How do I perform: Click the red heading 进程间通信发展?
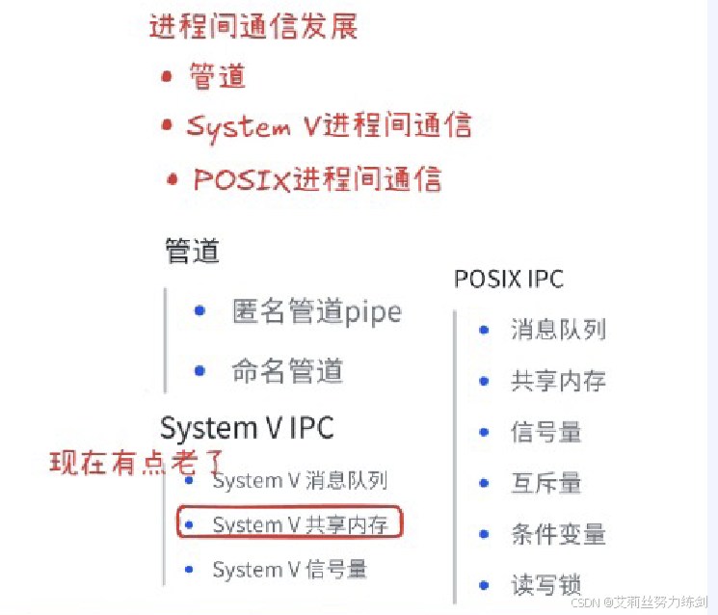253,26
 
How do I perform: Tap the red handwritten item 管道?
218,76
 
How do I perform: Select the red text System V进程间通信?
329,126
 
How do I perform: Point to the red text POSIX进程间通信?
317,179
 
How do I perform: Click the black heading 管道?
192,252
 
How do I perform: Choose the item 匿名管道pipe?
316,311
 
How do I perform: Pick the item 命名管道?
287,369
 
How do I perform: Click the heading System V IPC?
247,428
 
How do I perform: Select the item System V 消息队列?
300,480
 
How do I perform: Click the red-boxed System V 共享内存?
300,524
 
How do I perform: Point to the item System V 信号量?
289,570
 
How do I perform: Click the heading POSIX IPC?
508,280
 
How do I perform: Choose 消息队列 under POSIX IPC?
558,330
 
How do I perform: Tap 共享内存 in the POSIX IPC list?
558,381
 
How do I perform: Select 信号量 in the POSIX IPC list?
545,432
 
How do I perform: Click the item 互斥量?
545,482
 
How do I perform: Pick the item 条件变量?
558,533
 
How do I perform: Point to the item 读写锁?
545,584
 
